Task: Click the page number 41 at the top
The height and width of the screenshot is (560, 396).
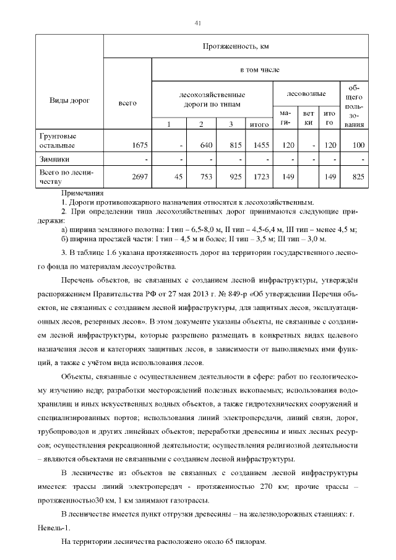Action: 198,23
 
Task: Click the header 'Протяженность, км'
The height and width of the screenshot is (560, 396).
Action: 236,46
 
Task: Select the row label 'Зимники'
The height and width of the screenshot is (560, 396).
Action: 54,160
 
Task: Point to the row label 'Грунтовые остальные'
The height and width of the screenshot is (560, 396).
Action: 58,140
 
